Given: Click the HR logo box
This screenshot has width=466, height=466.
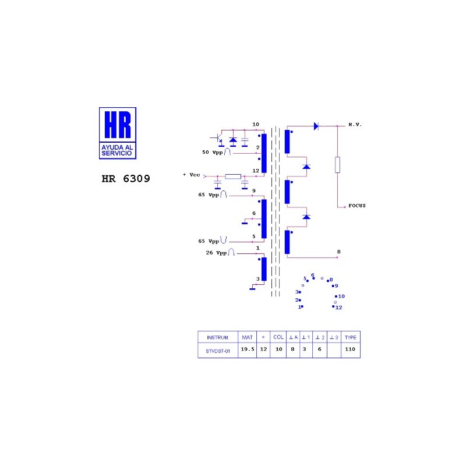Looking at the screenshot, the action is pos(118,133).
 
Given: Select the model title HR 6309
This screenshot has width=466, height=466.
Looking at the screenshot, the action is pos(126,179).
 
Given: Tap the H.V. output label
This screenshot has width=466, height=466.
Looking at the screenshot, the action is pos(355,125).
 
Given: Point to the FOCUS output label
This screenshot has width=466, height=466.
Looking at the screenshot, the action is pos(357,206).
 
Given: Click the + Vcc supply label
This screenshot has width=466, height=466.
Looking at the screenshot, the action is pos(192,175).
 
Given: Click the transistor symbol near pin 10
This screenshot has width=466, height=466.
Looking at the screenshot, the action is pos(218,139).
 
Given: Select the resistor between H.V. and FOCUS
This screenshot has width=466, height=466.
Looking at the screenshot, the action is pos(337,165).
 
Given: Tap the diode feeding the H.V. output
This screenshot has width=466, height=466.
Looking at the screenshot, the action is pos(316,126).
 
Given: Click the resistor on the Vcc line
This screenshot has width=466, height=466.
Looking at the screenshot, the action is pos(233,176).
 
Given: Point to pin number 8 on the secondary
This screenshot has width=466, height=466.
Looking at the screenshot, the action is pos(339,252).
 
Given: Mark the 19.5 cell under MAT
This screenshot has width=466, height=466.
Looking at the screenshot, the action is pos(248,349).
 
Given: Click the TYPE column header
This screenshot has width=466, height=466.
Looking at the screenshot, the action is pos(351,337).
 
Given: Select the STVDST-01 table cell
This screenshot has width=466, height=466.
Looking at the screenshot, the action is pos(218,351).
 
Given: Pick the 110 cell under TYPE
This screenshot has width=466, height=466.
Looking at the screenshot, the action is pos(350,349).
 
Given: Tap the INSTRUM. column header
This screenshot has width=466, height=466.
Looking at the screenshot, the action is pos(218,338).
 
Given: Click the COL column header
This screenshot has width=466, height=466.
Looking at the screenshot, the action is pos(278,337).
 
